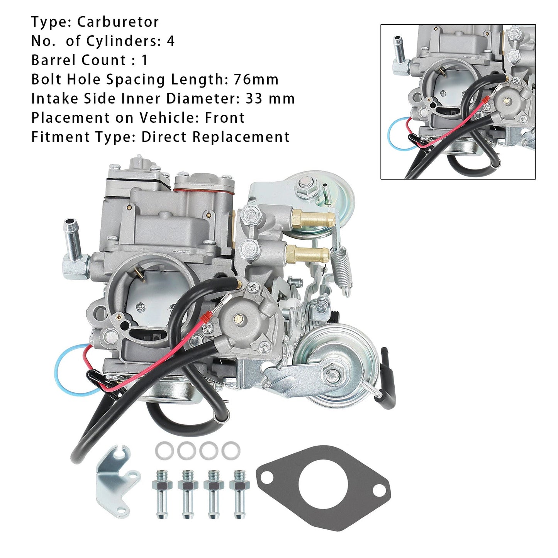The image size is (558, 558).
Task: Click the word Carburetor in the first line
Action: [118, 22]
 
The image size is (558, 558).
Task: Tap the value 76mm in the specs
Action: [256, 80]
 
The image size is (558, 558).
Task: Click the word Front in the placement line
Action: [225, 118]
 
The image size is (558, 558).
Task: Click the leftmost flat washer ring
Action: [164, 450]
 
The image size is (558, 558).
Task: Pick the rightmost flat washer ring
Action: [231, 450]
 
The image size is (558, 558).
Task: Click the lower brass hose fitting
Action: [309, 254]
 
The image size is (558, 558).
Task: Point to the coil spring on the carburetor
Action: [345, 266]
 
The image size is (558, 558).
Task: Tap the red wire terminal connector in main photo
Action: [206, 317]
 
